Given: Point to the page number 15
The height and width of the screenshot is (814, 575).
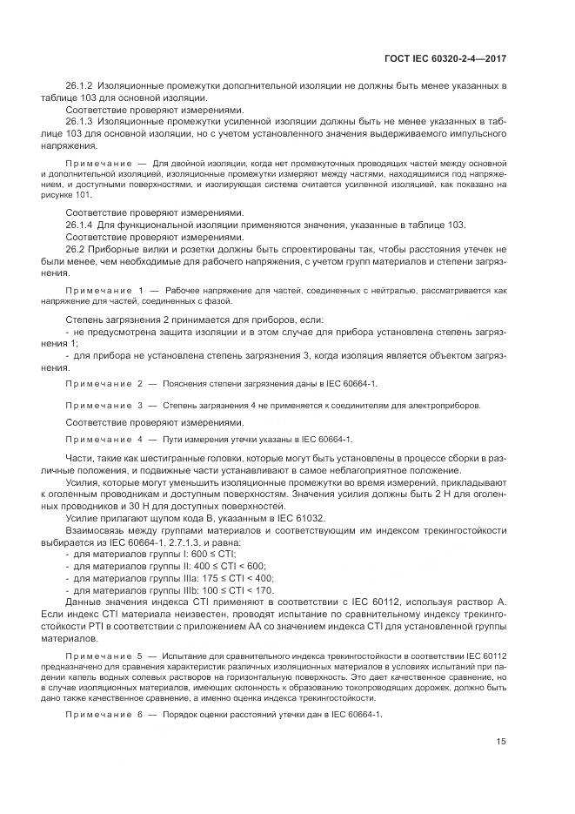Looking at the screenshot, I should (x=501, y=741).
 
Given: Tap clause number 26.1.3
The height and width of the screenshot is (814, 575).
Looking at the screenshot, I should (x=80, y=123).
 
